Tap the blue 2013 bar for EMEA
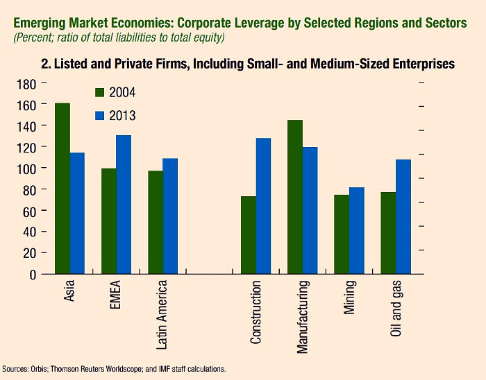point(124,205)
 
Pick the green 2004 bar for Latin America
point(155,222)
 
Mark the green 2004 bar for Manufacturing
point(294,197)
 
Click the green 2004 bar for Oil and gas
point(387,233)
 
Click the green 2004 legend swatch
point(99,92)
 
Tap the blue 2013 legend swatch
point(99,116)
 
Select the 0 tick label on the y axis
point(32,275)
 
